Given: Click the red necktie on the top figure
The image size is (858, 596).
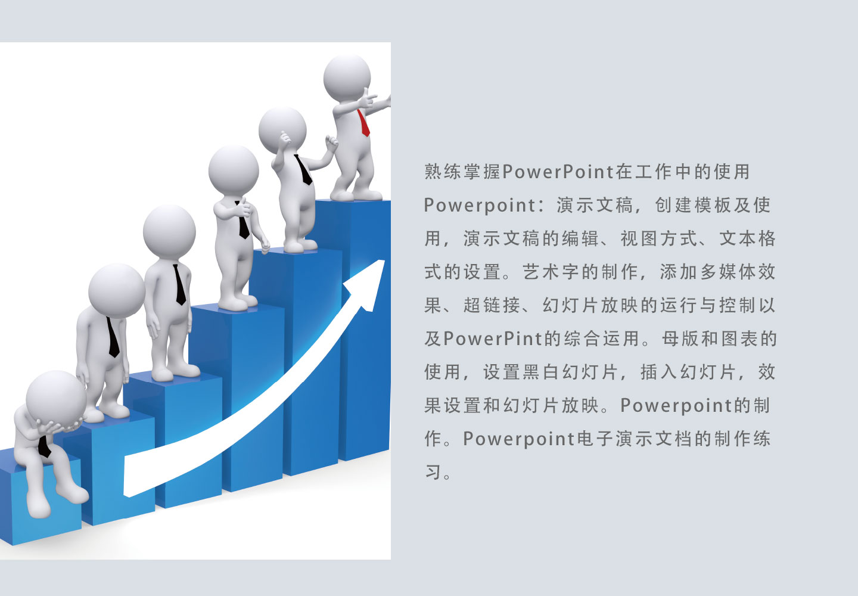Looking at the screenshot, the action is (x=363, y=123).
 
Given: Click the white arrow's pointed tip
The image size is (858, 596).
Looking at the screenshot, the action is (x=384, y=260).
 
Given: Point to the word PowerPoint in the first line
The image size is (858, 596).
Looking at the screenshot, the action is (x=558, y=172).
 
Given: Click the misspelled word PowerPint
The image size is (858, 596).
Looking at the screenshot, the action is (x=494, y=339).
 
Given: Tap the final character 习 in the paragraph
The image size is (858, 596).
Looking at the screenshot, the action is (x=433, y=472).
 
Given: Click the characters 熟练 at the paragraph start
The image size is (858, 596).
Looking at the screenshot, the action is (x=443, y=172).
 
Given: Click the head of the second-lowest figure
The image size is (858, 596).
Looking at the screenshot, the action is (x=116, y=291).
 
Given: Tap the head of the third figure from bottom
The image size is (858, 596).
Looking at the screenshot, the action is (x=169, y=232).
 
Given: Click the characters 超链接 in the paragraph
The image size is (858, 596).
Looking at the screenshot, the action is (x=492, y=305).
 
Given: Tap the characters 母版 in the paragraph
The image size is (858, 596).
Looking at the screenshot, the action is (x=680, y=339).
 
